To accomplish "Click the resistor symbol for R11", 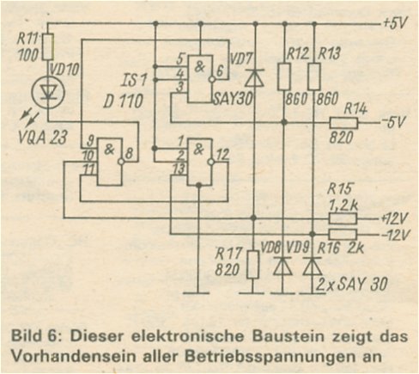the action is (48, 46).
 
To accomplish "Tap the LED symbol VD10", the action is (48, 93).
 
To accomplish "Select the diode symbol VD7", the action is (255, 77).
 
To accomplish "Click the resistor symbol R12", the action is (284, 77).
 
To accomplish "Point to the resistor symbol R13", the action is (314, 77).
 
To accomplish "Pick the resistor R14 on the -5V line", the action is (343, 123).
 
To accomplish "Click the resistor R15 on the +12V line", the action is (343, 218).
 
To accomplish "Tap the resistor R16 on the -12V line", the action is (343, 234).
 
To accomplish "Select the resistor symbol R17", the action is (253, 264).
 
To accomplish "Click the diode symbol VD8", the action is (282, 267).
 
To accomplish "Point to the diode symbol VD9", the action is (313, 267).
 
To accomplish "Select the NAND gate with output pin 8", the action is (110, 162).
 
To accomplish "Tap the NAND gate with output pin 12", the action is (200, 162).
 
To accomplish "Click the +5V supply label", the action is (395, 22).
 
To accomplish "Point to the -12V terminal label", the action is (395, 235).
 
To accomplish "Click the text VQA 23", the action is (42, 138).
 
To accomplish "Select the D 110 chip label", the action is (123, 101).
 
